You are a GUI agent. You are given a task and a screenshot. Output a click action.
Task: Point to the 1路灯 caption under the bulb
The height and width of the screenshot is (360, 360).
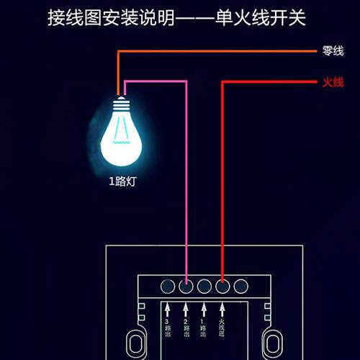(x=122, y=181)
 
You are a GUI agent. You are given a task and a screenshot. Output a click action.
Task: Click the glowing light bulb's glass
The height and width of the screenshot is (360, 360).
(x=120, y=137)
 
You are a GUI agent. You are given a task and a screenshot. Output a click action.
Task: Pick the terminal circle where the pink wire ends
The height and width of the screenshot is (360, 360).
(x=186, y=287)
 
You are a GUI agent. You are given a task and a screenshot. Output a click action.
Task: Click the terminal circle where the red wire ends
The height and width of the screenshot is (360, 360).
(x=222, y=287)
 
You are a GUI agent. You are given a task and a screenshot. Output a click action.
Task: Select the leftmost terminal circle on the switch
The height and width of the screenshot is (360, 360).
(x=168, y=287)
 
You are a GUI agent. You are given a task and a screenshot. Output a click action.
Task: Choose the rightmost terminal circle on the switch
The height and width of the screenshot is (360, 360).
(x=240, y=287)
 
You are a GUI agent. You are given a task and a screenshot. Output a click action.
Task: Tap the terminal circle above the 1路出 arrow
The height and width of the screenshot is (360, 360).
(x=204, y=287)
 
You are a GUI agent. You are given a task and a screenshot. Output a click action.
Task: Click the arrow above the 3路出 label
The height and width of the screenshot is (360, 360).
(x=168, y=309)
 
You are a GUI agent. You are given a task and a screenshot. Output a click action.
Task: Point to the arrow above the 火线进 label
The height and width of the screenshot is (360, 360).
(x=222, y=309)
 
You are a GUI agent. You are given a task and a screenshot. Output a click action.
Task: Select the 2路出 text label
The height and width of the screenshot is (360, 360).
(x=186, y=330)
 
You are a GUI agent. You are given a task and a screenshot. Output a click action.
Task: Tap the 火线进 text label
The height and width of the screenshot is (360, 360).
(x=222, y=330)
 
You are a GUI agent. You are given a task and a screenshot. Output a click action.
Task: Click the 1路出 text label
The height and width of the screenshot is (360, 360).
(x=204, y=330)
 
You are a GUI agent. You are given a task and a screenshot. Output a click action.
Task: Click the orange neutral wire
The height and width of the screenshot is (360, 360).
(x=216, y=51)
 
